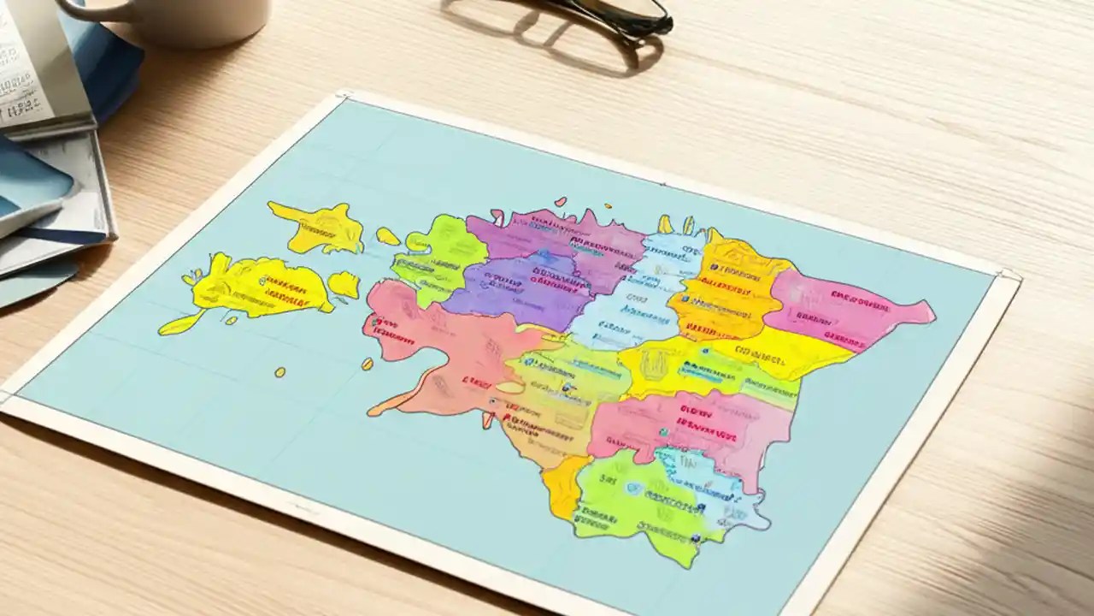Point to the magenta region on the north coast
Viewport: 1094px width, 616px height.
click(564, 240)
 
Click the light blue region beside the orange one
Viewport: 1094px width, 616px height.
click(628, 295)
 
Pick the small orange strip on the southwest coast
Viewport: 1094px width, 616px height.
click(564, 488)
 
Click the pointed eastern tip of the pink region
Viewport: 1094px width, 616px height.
click(930, 307)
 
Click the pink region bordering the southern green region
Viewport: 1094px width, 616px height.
click(692, 428)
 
